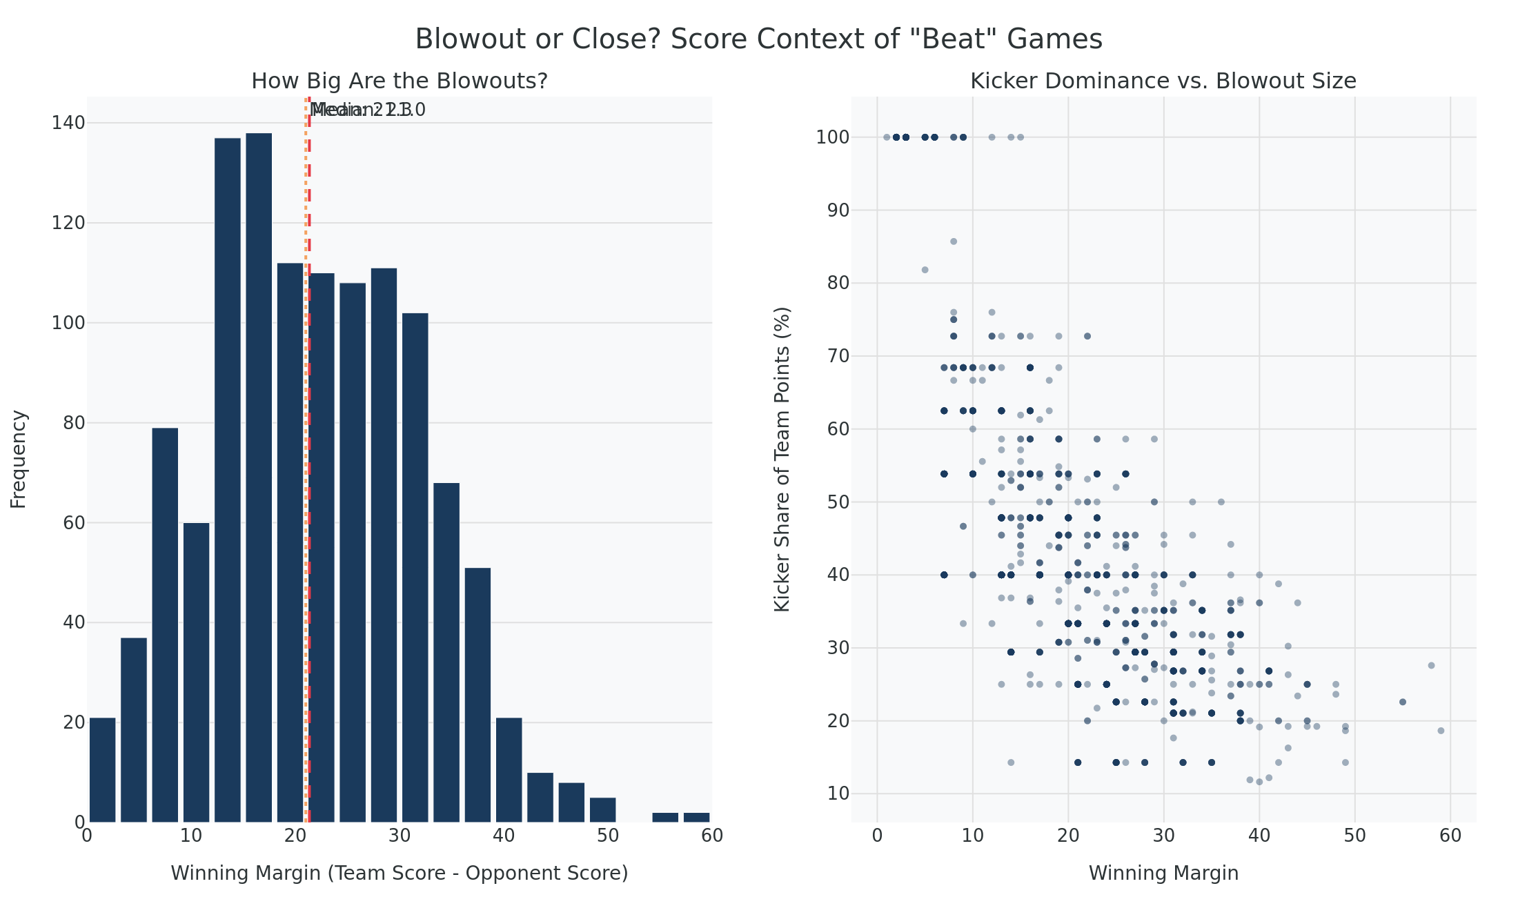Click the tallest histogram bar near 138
[x=259, y=476]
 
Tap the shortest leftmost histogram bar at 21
[x=102, y=769]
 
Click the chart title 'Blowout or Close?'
[x=758, y=39]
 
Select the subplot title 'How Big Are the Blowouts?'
[x=399, y=81]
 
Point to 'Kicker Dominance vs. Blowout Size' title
[x=1163, y=81]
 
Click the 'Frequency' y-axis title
[x=19, y=459]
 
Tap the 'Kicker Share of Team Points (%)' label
[x=782, y=459]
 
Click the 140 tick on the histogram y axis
[x=68, y=123]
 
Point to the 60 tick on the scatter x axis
[x=1450, y=836]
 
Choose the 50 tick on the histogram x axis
[x=608, y=836]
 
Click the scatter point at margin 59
[x=1440, y=731]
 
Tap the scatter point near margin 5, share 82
[x=925, y=270]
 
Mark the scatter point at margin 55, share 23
[x=1402, y=702]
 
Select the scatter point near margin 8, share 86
[x=954, y=241]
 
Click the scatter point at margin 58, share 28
[x=1431, y=665]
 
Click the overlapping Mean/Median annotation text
[x=367, y=110]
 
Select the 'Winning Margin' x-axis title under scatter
[x=1163, y=874]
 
